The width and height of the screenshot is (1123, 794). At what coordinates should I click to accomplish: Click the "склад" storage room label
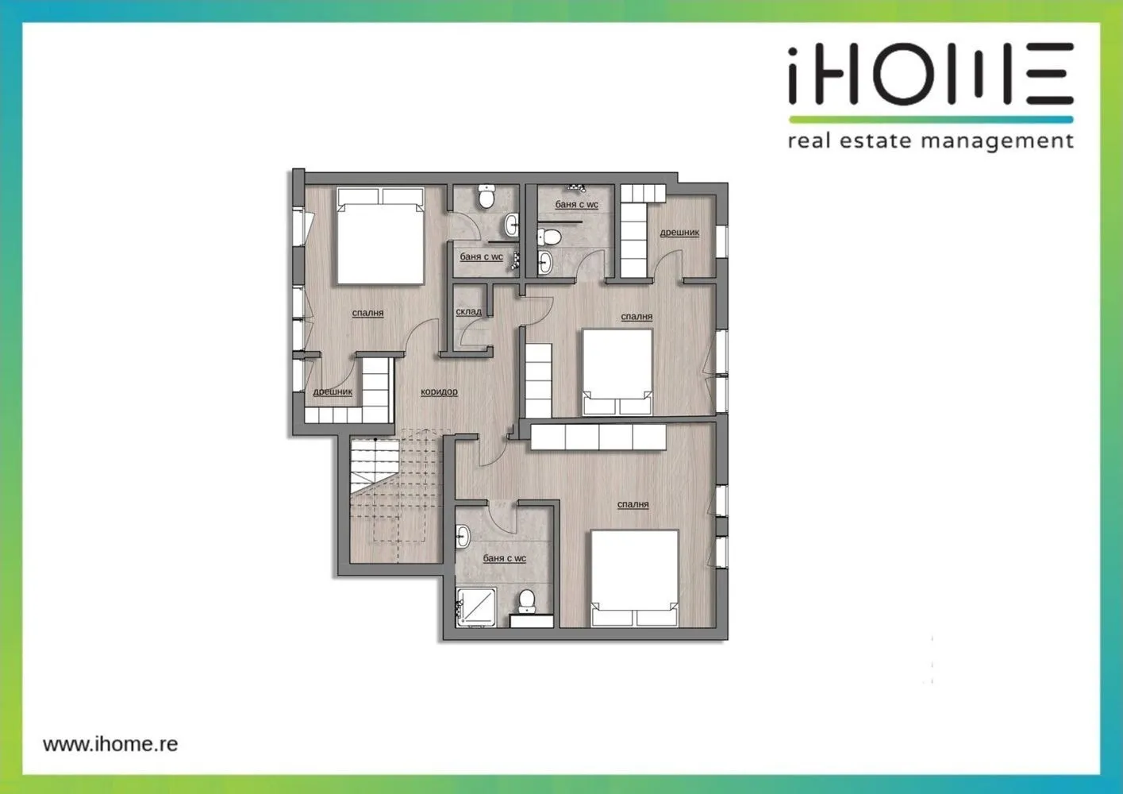(x=469, y=311)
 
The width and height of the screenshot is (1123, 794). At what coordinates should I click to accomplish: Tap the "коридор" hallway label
(x=439, y=391)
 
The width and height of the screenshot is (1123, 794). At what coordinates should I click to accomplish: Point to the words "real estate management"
(x=930, y=141)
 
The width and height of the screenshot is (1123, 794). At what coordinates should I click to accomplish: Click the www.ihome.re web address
(x=110, y=744)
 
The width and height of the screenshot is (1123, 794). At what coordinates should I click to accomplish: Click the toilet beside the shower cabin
(x=526, y=601)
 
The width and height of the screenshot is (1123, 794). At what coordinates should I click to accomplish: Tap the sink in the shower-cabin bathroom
(x=463, y=537)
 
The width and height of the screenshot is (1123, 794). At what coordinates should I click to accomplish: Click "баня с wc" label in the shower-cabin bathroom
(x=504, y=558)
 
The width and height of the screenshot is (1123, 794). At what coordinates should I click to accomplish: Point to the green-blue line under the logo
(x=931, y=120)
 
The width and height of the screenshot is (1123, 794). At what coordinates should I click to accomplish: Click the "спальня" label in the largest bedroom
(x=633, y=504)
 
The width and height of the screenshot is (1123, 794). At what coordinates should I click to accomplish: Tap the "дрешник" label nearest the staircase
(x=333, y=391)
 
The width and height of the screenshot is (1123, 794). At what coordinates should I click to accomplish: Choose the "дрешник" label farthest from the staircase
(x=679, y=232)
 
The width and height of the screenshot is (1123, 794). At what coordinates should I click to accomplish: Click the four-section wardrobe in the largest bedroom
(x=598, y=437)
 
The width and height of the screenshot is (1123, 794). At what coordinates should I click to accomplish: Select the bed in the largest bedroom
(x=635, y=578)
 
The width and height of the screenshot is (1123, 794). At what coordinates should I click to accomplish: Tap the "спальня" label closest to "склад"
(x=367, y=313)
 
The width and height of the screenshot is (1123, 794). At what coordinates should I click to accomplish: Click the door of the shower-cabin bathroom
(x=502, y=517)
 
